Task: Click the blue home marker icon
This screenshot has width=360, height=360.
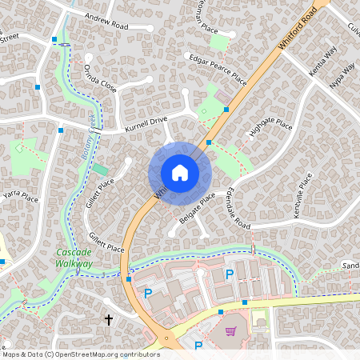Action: click(x=179, y=173)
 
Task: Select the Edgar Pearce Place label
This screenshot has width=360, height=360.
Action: click(x=217, y=69)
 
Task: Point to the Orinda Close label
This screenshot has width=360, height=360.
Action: click(x=102, y=74)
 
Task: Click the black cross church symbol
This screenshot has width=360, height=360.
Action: click(x=109, y=319)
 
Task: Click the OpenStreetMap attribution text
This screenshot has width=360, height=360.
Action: click(x=80, y=354)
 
